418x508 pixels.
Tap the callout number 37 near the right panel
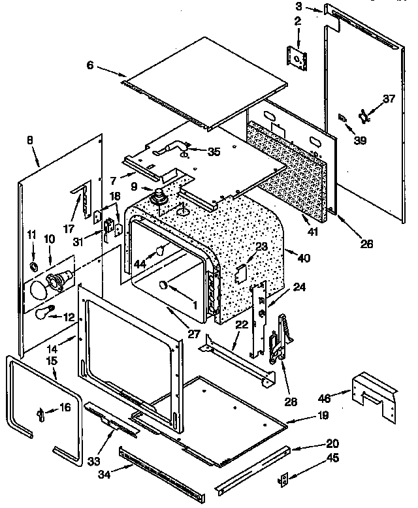pos(389,99)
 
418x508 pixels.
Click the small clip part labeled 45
pos(283,480)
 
